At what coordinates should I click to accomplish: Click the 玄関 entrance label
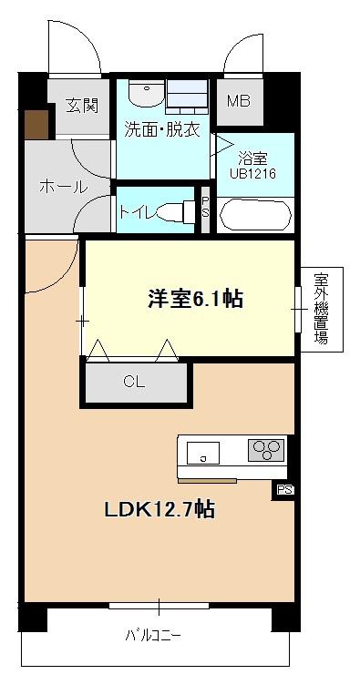82,106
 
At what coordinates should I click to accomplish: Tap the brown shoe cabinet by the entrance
36,125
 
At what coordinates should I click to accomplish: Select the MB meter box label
239,101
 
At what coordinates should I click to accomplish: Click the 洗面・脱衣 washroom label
162,129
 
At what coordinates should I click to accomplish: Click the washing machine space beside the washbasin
187,95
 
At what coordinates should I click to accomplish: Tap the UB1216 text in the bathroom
252,173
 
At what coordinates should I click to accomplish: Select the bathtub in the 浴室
256,215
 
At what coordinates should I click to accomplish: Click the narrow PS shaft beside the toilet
205,209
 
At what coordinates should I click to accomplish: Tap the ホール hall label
64,187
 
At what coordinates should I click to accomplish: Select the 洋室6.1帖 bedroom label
195,299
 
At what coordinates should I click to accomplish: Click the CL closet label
134,382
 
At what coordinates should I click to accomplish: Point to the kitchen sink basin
202,453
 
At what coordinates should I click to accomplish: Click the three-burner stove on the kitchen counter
265,450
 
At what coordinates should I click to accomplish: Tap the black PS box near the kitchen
283,491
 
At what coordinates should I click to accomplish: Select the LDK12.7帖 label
159,510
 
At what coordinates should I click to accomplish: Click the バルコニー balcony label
153,637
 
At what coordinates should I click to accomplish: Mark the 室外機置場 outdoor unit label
322,309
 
